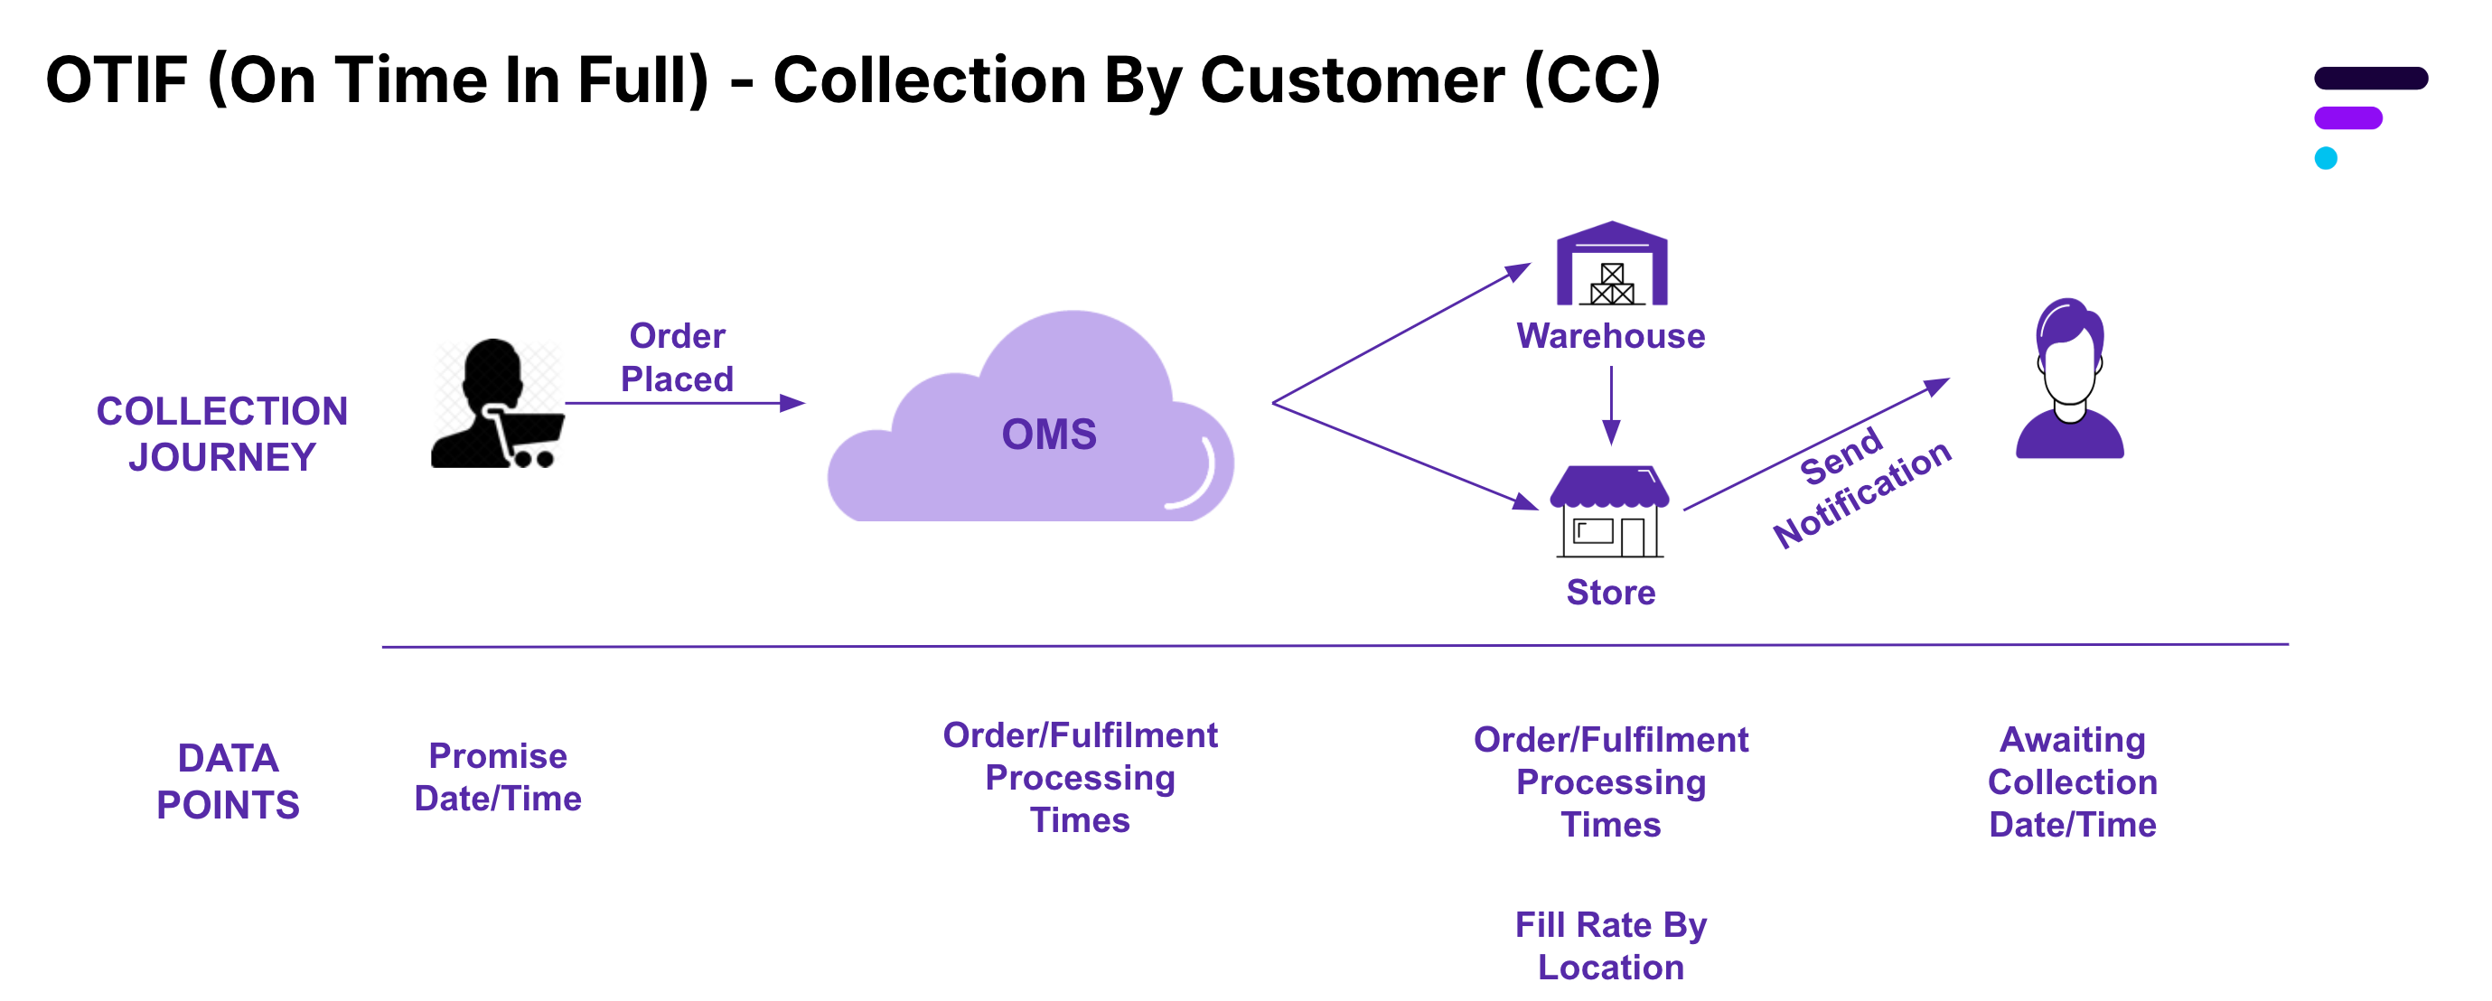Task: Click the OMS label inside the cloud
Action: [x=1049, y=435]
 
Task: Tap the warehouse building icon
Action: [x=1611, y=265]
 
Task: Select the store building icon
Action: [x=1610, y=511]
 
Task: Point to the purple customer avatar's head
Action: [x=2069, y=353]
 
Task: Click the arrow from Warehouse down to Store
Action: [x=1611, y=407]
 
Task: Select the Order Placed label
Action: [x=677, y=357]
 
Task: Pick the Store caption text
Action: [x=1611, y=592]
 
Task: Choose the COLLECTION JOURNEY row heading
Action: [x=221, y=435]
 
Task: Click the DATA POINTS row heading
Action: [x=228, y=781]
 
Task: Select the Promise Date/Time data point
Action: [x=497, y=777]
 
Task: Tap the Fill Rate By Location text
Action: [x=1611, y=946]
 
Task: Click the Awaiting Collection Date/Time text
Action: [x=2072, y=781]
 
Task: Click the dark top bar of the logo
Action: [x=2370, y=79]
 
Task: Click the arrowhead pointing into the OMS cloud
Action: [x=792, y=403]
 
